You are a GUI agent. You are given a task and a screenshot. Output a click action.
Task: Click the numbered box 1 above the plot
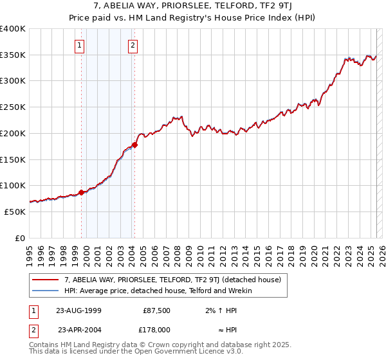click(79, 45)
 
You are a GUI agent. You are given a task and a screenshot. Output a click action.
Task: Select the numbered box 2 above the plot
click(132, 45)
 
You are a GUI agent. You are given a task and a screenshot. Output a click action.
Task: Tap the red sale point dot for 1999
click(82, 192)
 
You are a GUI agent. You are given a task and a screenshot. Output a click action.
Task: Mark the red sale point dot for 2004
click(134, 145)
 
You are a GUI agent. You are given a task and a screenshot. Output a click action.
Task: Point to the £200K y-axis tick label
click(13, 133)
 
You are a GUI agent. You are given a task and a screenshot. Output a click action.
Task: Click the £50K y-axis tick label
click(15, 212)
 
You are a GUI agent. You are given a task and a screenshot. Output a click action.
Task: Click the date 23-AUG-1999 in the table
click(78, 310)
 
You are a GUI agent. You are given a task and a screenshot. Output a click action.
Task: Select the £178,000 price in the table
click(156, 330)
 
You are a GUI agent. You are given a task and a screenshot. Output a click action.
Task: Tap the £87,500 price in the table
click(156, 310)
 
